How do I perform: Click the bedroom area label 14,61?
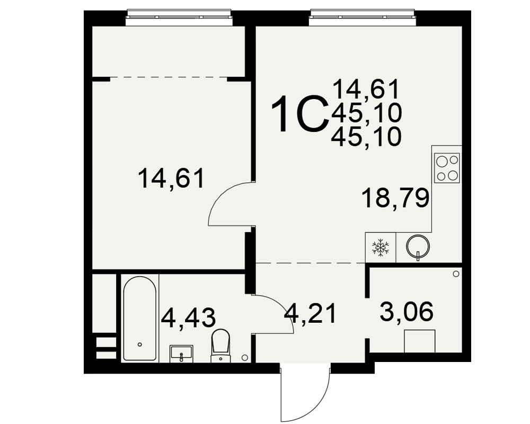click(171, 179)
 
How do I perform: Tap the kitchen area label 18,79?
click(395, 198)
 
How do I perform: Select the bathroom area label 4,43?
click(188, 319)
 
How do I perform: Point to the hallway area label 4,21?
click(310, 313)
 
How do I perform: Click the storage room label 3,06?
click(407, 312)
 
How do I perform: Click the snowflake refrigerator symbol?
click(380, 247)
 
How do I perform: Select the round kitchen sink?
click(418, 246)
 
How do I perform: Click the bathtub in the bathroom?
click(139, 319)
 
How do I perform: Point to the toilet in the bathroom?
click(220, 346)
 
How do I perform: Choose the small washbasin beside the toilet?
click(181, 354)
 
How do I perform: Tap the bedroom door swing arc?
click(220, 196)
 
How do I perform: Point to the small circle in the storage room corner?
click(456, 273)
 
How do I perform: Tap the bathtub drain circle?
click(139, 344)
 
